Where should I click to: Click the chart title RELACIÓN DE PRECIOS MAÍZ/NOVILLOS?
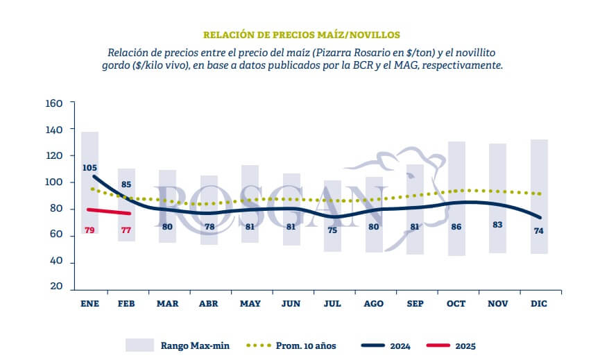pos(302,35)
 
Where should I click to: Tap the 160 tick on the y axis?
pos(54,103)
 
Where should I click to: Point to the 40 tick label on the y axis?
pos(56,261)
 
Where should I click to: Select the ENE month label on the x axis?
pos(89,304)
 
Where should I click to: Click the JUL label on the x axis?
pos(332,304)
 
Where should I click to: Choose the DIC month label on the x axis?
pos(539,304)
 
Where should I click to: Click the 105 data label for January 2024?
pos(89,168)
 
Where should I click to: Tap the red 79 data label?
pos(89,230)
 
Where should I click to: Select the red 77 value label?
pos(126,230)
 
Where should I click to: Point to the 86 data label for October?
pos(456,226)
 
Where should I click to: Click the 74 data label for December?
pos(539,231)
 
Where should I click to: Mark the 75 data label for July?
pos(332,230)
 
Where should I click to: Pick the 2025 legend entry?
pos(451,345)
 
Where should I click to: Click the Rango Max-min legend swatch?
pos(139,345)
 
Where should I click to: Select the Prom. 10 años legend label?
pos(306,345)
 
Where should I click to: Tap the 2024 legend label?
pos(400,346)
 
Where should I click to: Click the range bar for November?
pos(497,198)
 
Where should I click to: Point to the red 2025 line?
pos(108,212)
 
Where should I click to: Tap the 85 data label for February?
pos(126,185)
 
